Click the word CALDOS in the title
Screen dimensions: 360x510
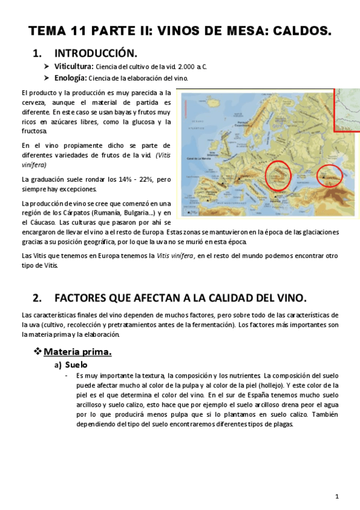pyautogui.click(x=304, y=31)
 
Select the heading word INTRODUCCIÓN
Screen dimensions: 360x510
pyautogui.click(x=96, y=53)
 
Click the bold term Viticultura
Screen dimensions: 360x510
pyautogui.click(x=73, y=66)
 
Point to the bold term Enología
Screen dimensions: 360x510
pyautogui.click(x=71, y=78)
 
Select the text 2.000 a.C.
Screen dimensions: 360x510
pyautogui.click(x=192, y=67)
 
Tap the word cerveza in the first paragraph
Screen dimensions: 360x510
pyautogui.click(x=34, y=102)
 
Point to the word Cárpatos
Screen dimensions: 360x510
pyautogui.click(x=78, y=212)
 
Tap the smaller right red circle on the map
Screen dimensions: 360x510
pyautogui.click(x=329, y=175)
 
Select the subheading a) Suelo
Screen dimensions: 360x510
pyautogui.click(x=71, y=364)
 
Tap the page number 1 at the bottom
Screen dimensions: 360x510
pyautogui.click(x=338, y=496)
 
